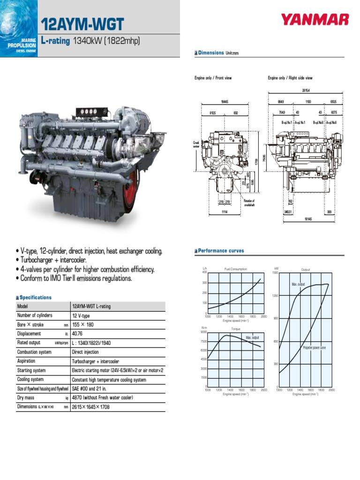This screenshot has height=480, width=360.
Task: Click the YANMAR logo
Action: tap(315, 20)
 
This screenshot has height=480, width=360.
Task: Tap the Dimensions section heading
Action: tap(211, 53)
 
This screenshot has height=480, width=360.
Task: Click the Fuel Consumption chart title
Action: tap(236, 269)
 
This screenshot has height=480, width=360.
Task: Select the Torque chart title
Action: tap(236, 329)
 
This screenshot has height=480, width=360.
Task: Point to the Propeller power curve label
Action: tap(314, 348)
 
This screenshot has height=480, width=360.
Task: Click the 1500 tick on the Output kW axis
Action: tap(275, 272)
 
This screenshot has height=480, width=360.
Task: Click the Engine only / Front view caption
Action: tap(213, 78)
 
